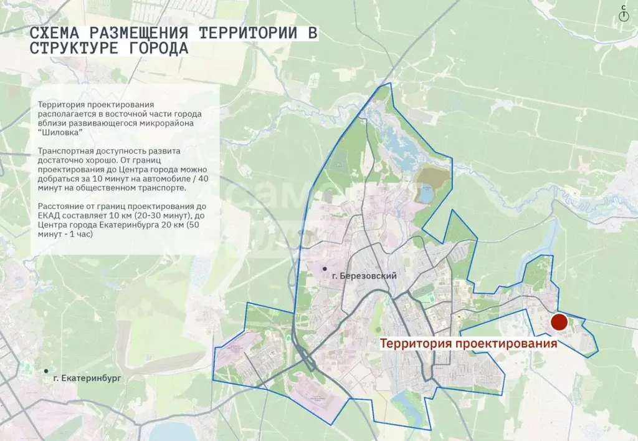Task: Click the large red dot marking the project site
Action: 559,322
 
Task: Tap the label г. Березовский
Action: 365,276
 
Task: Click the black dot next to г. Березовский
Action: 325,269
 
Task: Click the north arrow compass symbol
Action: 623,14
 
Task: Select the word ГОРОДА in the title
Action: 156,49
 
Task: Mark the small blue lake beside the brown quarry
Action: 426,195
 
